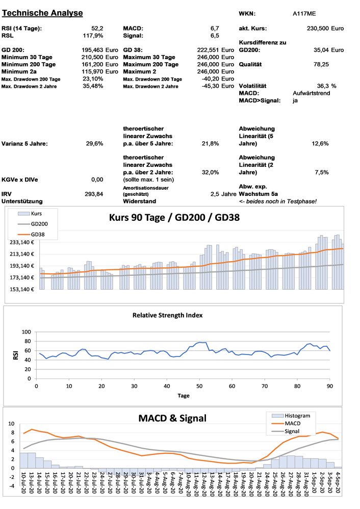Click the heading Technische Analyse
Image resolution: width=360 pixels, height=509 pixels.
[x=43, y=13]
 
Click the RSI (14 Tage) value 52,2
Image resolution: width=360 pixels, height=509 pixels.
[x=97, y=28]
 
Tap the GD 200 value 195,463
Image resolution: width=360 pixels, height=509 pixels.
[x=92, y=50]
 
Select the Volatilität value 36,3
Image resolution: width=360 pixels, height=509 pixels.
[x=323, y=86]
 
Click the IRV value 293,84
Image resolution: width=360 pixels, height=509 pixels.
[x=94, y=194]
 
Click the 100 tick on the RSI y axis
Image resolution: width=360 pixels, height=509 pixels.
[x=26, y=332]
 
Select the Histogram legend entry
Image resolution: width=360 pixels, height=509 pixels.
[x=298, y=416]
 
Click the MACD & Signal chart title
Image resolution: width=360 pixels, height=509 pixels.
[x=172, y=418]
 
